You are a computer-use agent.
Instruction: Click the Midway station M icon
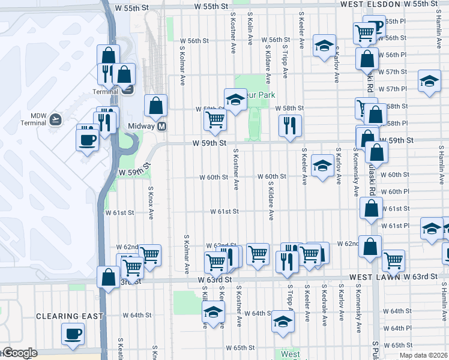(x=161, y=127)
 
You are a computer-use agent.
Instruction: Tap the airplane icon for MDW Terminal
(x=56, y=119)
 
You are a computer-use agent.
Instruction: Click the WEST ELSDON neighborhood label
(x=371, y=4)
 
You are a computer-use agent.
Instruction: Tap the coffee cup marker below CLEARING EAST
(x=73, y=334)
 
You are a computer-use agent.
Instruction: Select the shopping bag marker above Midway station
(x=155, y=106)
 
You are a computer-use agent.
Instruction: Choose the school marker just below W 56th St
(x=324, y=46)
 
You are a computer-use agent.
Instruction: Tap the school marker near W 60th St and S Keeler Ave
(x=323, y=166)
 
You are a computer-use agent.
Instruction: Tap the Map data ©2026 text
(x=423, y=355)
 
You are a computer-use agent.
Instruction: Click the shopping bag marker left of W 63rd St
(x=108, y=277)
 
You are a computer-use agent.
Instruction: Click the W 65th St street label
(x=240, y=348)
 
